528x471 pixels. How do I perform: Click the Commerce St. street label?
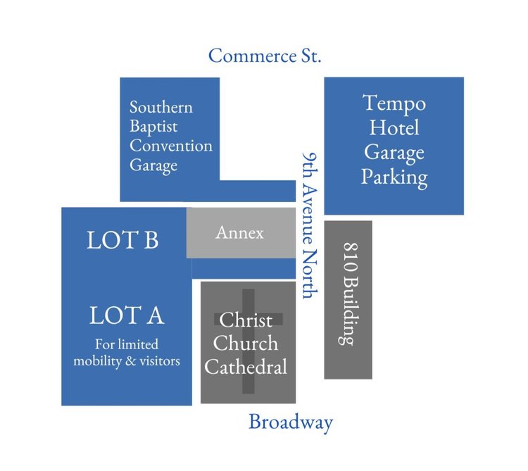(x=265, y=56)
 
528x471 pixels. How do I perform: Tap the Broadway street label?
(x=290, y=422)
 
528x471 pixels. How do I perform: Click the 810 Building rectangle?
(x=348, y=299)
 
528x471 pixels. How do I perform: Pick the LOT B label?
(x=122, y=240)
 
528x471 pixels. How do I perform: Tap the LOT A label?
(x=127, y=315)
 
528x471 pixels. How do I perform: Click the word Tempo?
(x=394, y=103)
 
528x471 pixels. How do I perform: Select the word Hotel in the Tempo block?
(x=394, y=127)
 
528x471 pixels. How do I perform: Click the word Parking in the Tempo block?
(x=394, y=176)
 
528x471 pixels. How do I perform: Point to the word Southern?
(x=161, y=108)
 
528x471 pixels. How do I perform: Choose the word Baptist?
(x=153, y=127)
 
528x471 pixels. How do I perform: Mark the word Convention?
(x=170, y=146)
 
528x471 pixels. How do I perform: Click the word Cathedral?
(x=246, y=367)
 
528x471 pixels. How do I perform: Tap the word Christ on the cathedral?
(x=246, y=320)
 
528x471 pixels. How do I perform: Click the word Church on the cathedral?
(x=246, y=344)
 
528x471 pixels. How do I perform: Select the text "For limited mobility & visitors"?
(x=127, y=353)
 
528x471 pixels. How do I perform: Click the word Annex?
(x=239, y=232)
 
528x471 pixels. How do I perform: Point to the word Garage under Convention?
(x=153, y=166)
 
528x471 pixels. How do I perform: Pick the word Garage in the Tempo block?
(x=394, y=152)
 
